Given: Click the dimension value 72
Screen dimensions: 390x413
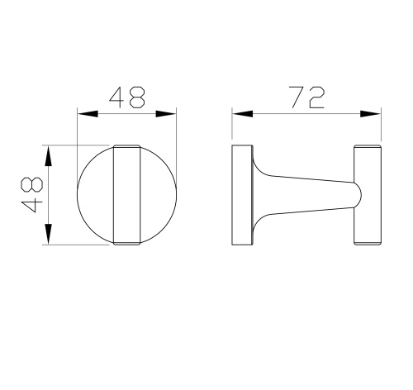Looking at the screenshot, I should click(306, 98).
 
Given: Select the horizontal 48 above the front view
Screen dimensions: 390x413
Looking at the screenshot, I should click(127, 98).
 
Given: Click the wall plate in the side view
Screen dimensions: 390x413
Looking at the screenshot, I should click(240, 195).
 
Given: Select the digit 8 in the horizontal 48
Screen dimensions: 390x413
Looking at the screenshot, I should click(138, 98).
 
